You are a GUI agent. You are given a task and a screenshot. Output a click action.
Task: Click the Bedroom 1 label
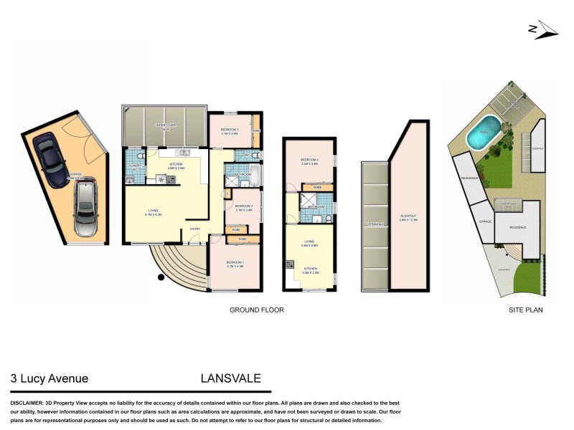click(234, 263)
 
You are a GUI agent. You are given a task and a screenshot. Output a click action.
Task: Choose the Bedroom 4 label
click(309, 160)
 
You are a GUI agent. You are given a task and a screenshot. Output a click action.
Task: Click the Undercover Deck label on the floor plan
click(166, 126)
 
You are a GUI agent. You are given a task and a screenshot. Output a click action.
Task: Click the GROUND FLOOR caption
click(257, 310)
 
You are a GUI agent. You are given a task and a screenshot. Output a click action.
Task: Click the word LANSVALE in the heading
click(231, 378)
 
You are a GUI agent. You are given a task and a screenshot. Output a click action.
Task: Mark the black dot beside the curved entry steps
click(159, 277)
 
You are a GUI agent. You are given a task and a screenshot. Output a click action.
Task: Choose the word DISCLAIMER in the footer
click(27, 403)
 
